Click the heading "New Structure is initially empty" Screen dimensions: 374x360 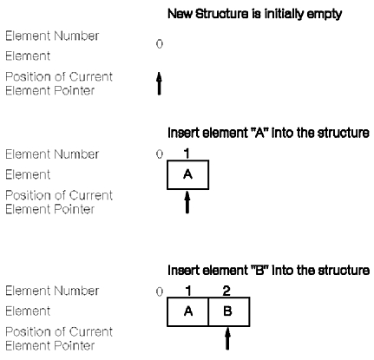(x=254, y=14)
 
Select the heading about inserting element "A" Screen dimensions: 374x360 (x=268, y=133)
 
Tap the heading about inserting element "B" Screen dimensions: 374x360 (x=268, y=270)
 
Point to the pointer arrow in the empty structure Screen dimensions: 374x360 (x=159, y=83)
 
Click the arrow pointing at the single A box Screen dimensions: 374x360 (x=187, y=202)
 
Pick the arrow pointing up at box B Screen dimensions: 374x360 (x=227, y=338)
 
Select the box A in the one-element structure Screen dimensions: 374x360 (x=187, y=175)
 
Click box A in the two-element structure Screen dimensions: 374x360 (x=187, y=311)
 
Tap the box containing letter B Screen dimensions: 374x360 (x=229, y=311)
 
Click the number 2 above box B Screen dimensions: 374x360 (x=226, y=291)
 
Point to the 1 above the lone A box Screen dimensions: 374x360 (x=187, y=154)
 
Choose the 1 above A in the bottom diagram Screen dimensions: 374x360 (x=188, y=291)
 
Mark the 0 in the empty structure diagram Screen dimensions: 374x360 (x=160, y=44)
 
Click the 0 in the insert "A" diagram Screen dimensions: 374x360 (x=160, y=154)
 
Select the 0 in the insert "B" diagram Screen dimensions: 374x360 (x=160, y=291)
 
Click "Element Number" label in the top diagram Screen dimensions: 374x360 (x=52, y=36)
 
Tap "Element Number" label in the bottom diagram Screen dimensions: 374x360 (x=52, y=291)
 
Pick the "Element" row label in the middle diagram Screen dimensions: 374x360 (x=28, y=174)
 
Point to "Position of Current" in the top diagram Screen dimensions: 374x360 (x=59, y=76)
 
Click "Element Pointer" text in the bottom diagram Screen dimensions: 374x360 (x=50, y=345)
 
